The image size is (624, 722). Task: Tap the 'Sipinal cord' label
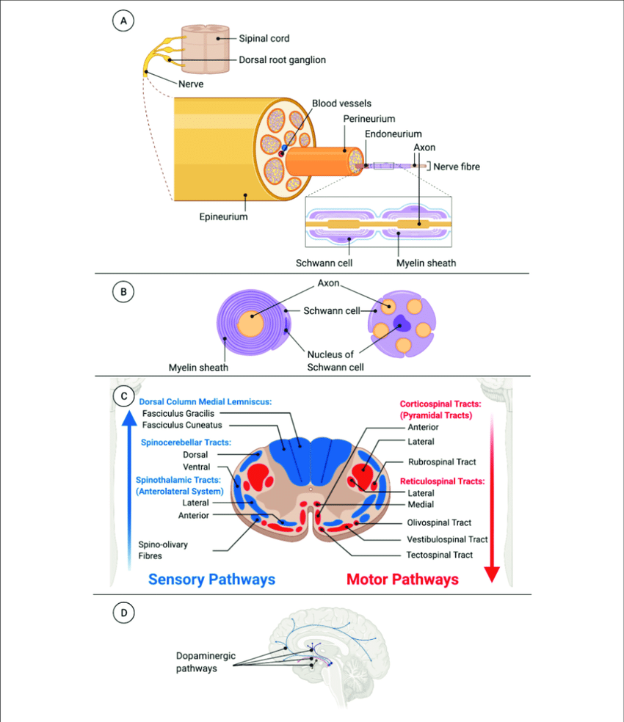[x=264, y=38]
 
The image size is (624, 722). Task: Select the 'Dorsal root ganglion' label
[x=282, y=60]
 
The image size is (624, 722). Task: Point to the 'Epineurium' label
[x=223, y=217]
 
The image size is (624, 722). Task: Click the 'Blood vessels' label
[x=341, y=103]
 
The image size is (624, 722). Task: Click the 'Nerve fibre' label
[x=456, y=167]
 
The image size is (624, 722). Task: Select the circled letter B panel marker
[x=123, y=292]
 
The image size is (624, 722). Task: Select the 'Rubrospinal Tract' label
[x=442, y=462]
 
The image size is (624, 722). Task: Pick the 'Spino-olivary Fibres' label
[x=159, y=550]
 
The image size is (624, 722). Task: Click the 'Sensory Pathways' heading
[x=211, y=580]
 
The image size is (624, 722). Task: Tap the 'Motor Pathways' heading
[x=402, y=580]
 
